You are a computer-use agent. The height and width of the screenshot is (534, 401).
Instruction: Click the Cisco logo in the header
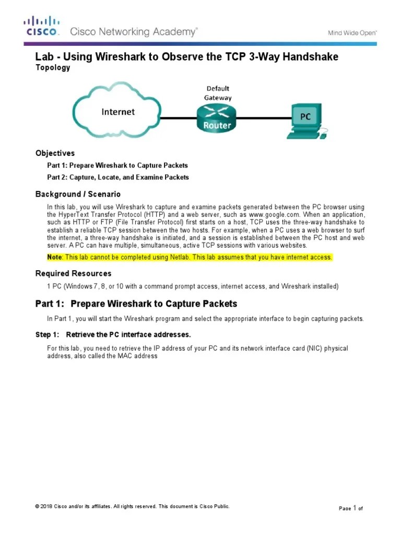41,26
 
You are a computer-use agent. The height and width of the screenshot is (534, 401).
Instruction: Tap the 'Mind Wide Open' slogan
352,33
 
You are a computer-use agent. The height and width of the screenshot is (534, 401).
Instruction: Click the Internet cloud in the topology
117,112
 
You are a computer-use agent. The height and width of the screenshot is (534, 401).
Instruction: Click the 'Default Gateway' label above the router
217,93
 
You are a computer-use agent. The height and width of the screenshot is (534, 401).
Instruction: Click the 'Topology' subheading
52,68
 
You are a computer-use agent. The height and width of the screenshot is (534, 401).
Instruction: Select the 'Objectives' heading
55,153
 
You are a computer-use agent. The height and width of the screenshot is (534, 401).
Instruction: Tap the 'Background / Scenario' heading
78,194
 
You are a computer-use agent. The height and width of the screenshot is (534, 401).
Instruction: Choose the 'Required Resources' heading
73,273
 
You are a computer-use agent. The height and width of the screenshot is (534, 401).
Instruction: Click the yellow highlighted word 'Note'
54,258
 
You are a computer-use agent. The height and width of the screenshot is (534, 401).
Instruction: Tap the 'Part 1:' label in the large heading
50,304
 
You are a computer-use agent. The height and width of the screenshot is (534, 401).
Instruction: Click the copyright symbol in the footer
37,506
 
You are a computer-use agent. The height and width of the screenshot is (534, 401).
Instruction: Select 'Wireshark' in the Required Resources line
296,286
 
